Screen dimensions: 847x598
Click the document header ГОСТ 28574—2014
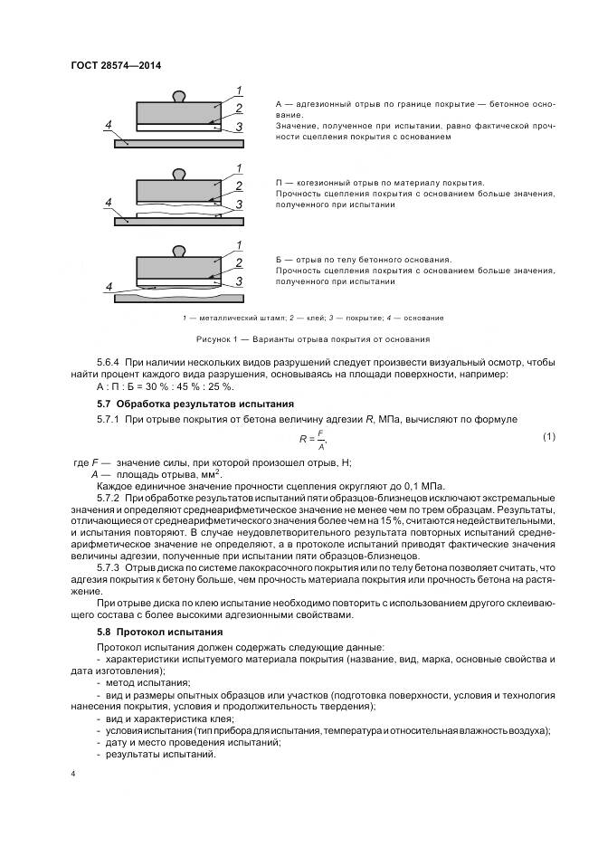(x=109, y=64)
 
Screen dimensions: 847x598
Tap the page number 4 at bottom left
(x=72, y=773)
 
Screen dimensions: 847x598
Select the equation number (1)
(x=548, y=437)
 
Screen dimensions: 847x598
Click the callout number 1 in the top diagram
(x=238, y=90)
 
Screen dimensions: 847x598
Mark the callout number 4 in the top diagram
(x=108, y=124)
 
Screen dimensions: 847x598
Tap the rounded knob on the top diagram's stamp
(x=178, y=94)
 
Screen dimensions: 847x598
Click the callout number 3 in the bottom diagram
(x=238, y=282)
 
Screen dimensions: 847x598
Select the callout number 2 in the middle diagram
(x=238, y=186)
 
